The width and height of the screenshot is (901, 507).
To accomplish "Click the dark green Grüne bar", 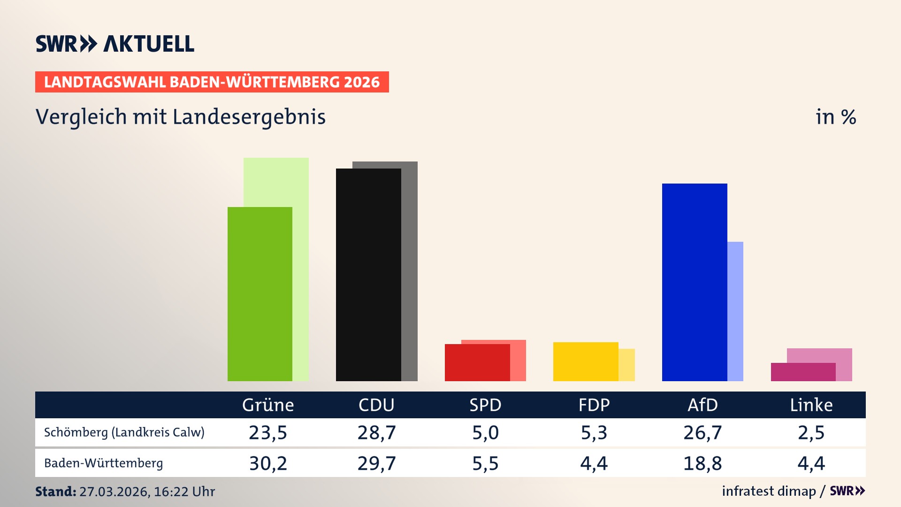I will (260, 294).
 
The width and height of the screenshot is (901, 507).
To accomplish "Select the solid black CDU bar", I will (368, 275).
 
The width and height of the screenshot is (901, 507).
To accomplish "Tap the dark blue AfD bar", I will (695, 282).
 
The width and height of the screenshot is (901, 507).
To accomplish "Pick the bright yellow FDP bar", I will (586, 361).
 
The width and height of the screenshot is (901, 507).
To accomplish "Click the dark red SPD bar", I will (477, 362).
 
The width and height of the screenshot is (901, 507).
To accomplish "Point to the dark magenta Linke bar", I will (803, 372).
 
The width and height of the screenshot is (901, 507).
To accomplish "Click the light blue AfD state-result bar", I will (735, 311).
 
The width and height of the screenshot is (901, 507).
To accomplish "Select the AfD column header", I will (702, 405).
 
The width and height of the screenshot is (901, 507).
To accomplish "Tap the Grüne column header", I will (268, 405).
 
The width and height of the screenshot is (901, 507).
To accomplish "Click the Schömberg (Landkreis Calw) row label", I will (124, 432).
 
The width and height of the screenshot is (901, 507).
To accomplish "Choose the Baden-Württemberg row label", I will (104, 463).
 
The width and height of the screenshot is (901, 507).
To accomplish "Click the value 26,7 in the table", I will (702, 432).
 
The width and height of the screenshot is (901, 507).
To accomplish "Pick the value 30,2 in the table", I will (268, 463).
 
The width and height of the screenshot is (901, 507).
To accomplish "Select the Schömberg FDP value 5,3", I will (594, 432).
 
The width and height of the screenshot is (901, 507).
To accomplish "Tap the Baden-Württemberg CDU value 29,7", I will (376, 463).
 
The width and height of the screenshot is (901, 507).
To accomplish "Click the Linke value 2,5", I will (811, 432).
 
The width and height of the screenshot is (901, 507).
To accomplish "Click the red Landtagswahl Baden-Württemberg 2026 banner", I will (212, 82).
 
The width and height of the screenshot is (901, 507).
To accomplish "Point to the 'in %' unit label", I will (836, 117).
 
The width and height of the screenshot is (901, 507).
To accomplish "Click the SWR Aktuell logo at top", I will (115, 44).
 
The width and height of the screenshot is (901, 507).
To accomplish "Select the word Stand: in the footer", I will (55, 492).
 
